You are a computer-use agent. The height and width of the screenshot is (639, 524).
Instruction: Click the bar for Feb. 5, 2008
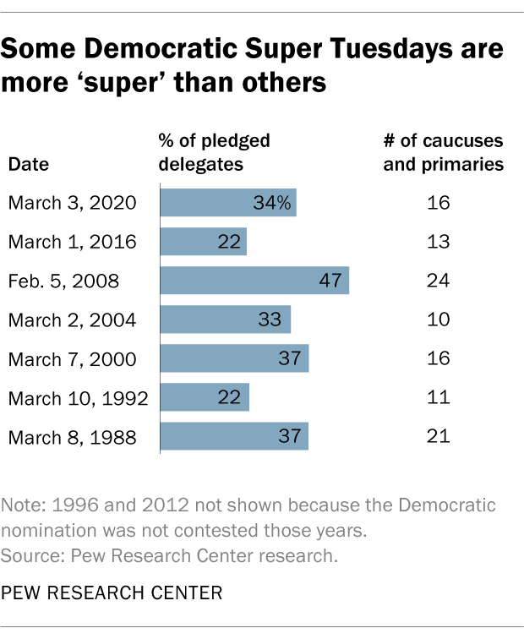(x=254, y=281)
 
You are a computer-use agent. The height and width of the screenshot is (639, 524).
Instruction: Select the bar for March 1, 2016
(x=203, y=242)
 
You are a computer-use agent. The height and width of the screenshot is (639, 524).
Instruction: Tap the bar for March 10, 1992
(x=205, y=397)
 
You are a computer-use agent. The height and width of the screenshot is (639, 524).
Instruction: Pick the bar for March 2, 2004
(x=225, y=319)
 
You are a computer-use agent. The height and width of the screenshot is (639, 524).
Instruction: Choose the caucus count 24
(x=438, y=281)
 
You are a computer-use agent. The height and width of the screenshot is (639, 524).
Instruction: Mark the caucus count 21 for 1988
(x=438, y=436)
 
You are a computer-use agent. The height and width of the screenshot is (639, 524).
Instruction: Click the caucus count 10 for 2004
(x=438, y=319)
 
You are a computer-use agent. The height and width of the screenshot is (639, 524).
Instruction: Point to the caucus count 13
(x=438, y=242)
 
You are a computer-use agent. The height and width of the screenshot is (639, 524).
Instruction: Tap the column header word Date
(x=28, y=164)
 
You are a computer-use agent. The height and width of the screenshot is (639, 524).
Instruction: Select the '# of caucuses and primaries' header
(x=443, y=151)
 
